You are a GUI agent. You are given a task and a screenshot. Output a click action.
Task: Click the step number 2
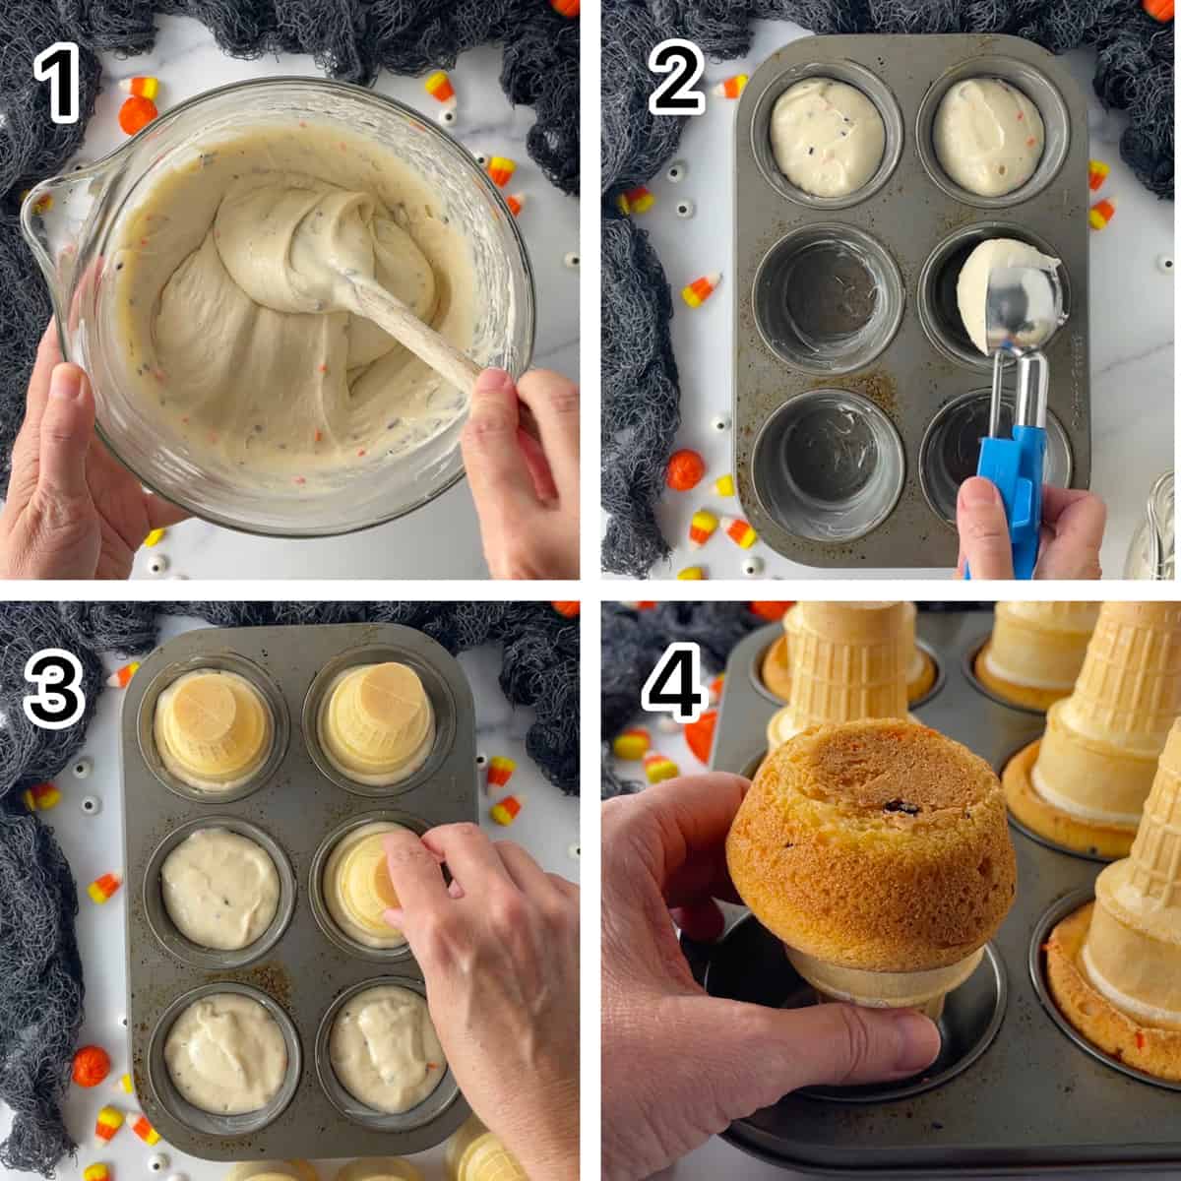tap(676, 77)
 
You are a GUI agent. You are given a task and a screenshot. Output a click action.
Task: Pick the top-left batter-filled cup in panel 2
tap(827, 137)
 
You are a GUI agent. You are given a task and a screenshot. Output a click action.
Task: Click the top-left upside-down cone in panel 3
tap(212, 730)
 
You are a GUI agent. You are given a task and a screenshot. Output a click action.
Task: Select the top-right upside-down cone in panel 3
tap(378, 723)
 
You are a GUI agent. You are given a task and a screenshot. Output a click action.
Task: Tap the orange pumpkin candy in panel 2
tap(685, 470)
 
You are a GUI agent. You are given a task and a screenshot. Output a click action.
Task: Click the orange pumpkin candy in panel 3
tap(92, 1066)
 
